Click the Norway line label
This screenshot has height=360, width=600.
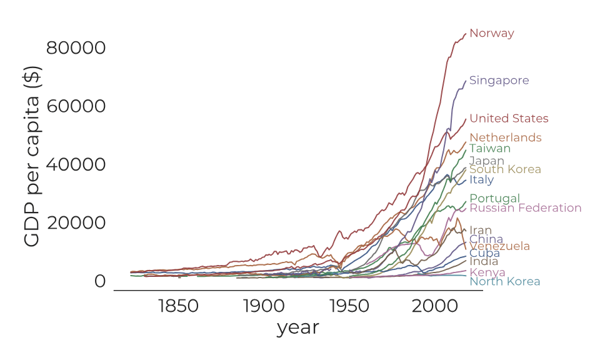(x=491, y=34)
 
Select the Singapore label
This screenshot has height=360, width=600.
(x=499, y=81)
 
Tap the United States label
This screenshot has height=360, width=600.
(x=509, y=119)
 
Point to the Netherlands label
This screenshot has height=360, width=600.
(x=505, y=137)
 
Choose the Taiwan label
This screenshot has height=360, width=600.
(x=489, y=149)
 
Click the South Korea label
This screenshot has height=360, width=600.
(x=505, y=169)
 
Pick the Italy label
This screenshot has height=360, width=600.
(x=481, y=180)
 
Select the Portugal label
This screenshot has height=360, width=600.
(x=494, y=199)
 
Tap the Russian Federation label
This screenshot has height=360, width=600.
(x=525, y=208)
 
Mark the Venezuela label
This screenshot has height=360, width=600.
(x=499, y=246)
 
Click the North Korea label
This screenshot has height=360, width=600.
(x=504, y=282)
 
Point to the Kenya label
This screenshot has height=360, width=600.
(x=487, y=273)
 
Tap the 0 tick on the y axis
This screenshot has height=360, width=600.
(x=100, y=282)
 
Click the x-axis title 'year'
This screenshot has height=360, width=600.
(x=297, y=327)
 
